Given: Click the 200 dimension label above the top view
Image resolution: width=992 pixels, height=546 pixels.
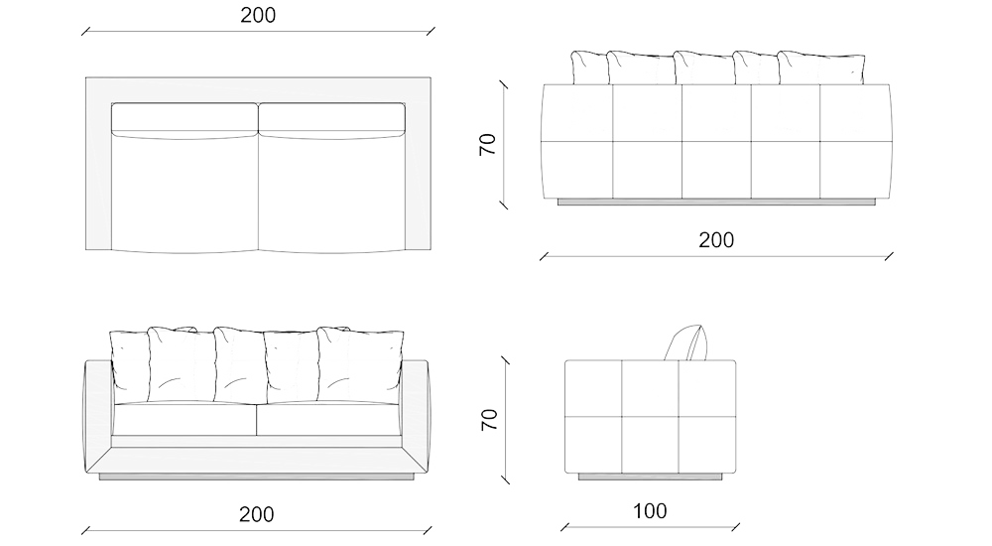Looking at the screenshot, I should tap(258, 15).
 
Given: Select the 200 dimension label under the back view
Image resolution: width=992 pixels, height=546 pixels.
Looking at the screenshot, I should tap(715, 240).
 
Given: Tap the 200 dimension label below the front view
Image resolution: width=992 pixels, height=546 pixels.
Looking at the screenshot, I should tap(256, 514).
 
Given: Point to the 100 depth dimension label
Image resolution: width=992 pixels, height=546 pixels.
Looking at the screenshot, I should tap(649, 512).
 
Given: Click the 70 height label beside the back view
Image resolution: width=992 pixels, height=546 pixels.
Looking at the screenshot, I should tap(487, 146).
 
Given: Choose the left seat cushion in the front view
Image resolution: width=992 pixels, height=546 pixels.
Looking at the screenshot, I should tap(185, 419).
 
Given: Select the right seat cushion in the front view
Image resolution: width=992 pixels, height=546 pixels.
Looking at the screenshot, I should tap(329, 419).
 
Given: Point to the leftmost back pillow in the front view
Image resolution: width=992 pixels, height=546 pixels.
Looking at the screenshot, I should tap(129, 361).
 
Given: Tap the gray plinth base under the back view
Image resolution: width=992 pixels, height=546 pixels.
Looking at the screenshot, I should tap(715, 203).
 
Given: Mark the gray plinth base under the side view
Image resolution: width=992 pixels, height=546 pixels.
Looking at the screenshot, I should tap(650, 478).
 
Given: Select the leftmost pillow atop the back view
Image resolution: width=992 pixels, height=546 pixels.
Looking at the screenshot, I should tap(589, 67).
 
